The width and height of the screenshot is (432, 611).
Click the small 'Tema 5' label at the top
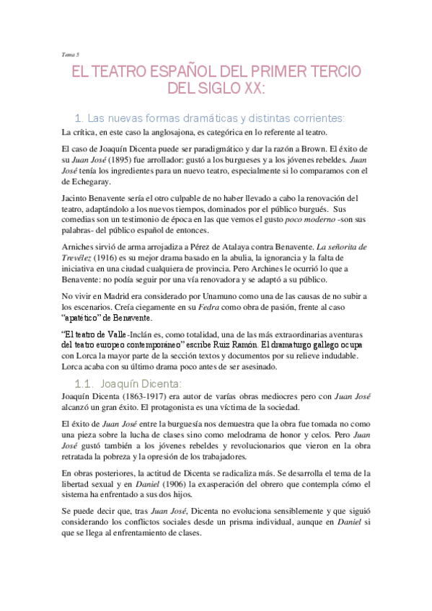70,53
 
